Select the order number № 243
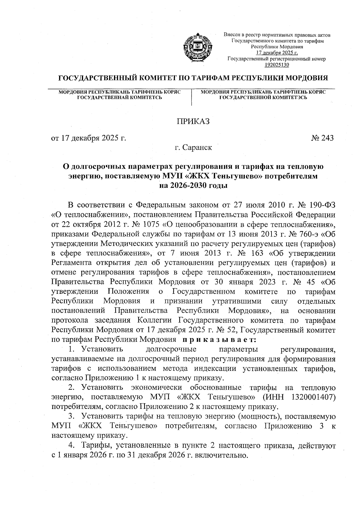click(x=322, y=138)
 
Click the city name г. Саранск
click(x=193, y=148)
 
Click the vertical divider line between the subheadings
click(x=191, y=97)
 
